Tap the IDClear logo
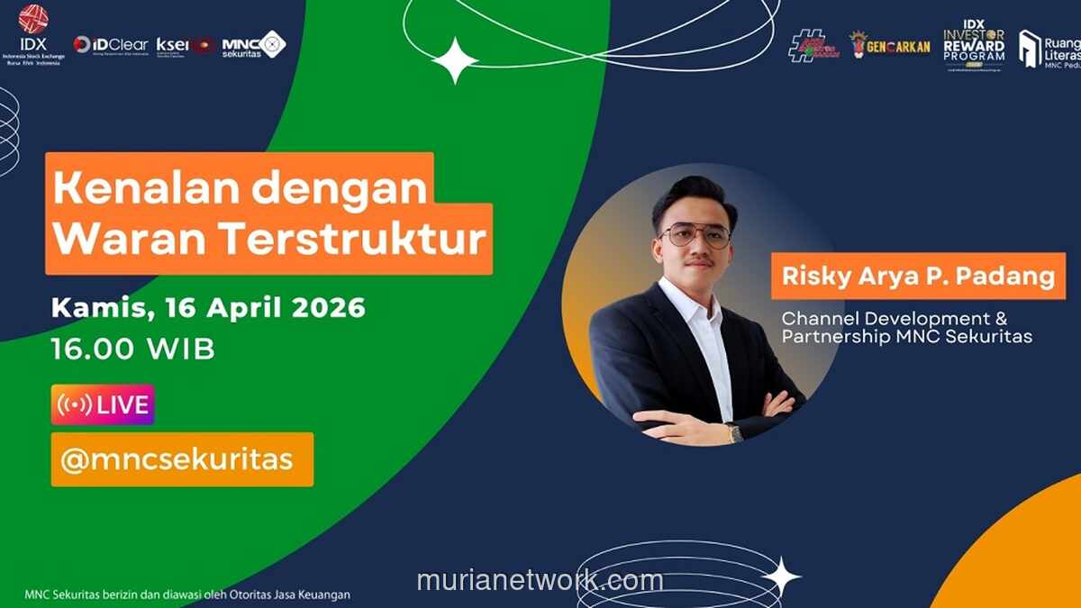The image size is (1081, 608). click(111, 44)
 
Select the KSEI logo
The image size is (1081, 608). click(185, 44)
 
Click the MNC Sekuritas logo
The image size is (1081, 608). click(254, 44)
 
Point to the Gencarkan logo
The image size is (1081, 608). click(889, 45)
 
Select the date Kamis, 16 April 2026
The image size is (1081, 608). click(208, 307)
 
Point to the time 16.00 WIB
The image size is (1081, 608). click(133, 349)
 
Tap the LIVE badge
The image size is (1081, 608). click(103, 405)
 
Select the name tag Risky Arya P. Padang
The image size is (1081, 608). click(918, 276)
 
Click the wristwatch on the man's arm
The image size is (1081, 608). click(735, 433)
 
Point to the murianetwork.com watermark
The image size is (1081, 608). click(540, 580)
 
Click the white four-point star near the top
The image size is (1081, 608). click(455, 60)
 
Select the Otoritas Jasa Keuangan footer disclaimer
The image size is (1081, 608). click(187, 594)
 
